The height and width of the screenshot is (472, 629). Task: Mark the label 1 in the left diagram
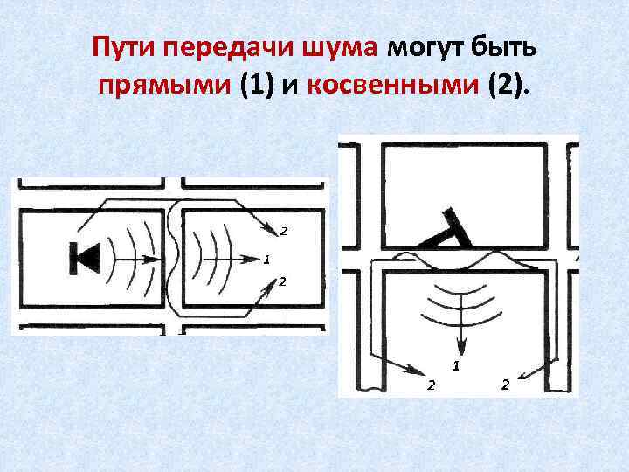click(266, 260)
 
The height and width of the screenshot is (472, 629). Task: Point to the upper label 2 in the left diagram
click(283, 231)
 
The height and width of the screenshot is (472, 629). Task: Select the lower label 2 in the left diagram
click(283, 281)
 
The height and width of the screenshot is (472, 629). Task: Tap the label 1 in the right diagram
click(455, 363)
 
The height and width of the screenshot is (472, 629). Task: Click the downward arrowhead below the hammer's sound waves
click(454, 344)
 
